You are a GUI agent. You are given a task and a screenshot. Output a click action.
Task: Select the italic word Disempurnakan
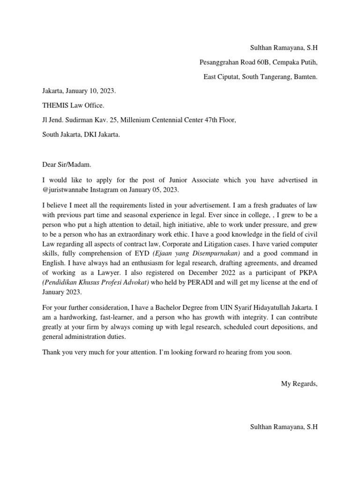point(216,253)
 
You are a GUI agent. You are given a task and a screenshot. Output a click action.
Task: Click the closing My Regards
point(299,383)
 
